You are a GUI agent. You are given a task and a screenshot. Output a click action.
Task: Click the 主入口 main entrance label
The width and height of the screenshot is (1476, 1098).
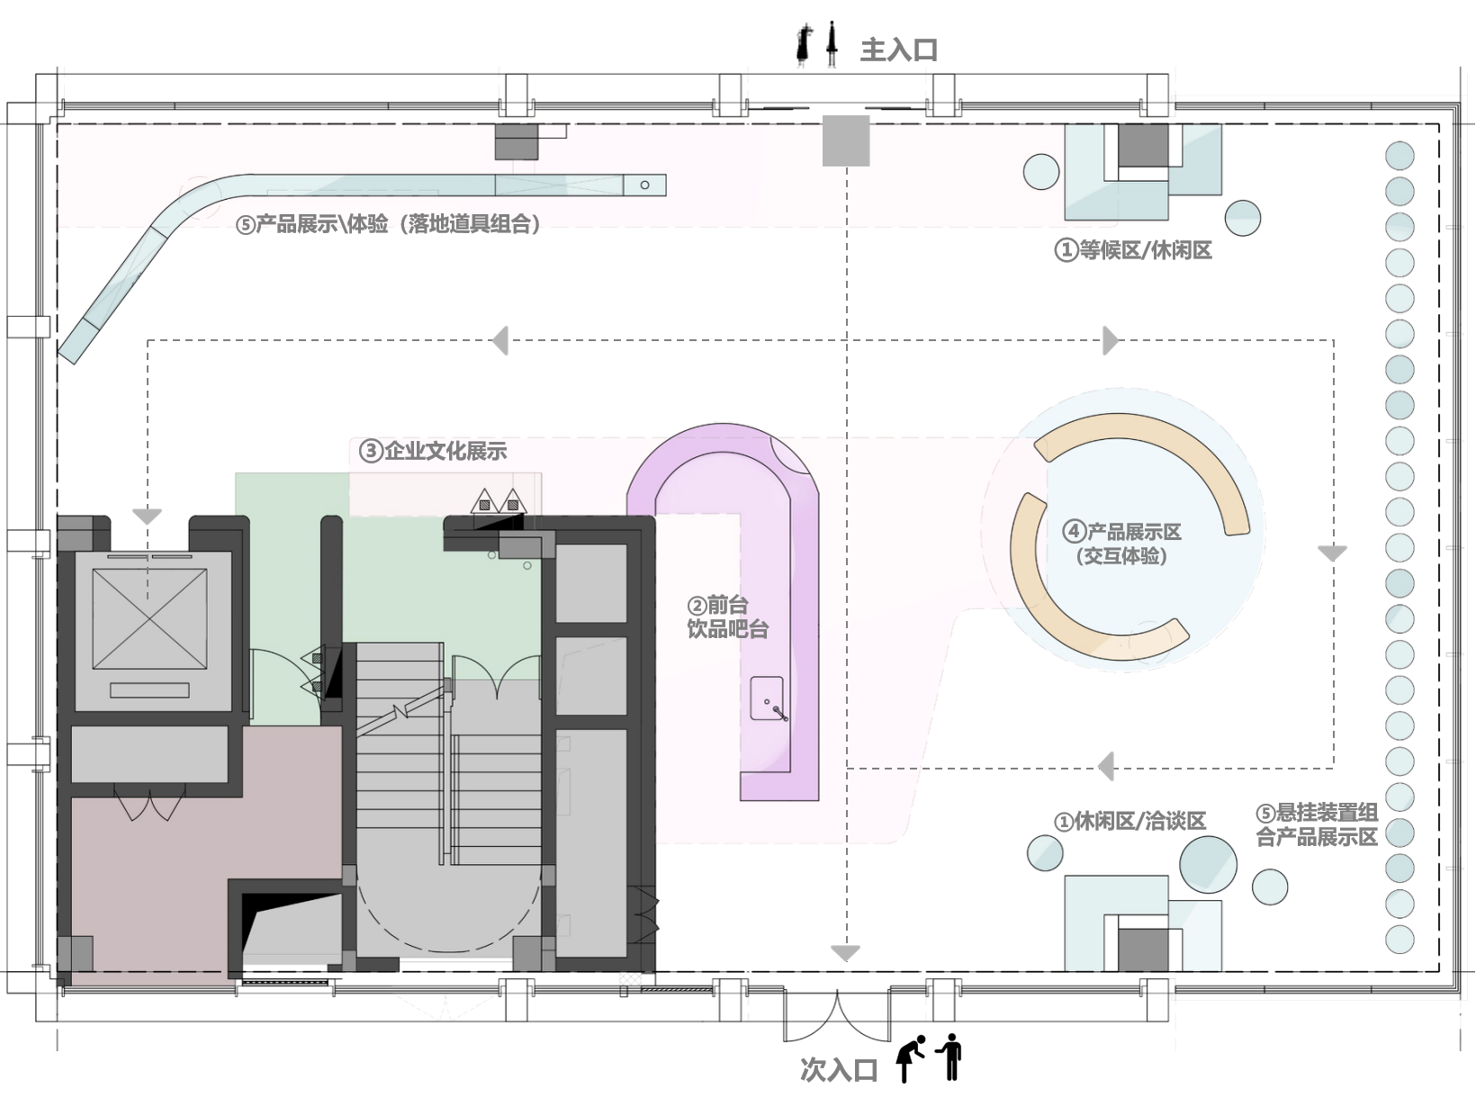click(898, 49)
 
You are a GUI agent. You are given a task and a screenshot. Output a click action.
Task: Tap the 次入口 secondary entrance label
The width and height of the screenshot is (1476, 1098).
click(839, 1070)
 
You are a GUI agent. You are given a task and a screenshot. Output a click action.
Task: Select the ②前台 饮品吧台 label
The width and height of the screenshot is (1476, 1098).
click(727, 616)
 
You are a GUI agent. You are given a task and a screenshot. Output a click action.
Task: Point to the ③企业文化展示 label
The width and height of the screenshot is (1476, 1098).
click(433, 451)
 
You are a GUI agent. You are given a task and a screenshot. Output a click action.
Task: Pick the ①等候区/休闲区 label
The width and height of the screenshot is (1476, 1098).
click(1133, 250)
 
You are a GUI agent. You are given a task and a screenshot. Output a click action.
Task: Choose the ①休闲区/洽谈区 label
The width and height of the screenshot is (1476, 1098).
click(1130, 821)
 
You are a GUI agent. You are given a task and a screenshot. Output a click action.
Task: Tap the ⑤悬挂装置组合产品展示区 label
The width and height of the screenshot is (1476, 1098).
click(1317, 824)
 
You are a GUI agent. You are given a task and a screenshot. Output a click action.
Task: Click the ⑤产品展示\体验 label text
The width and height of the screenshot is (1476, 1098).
click(312, 223)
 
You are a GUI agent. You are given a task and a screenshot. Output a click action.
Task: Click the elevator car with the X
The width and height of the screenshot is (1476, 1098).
click(149, 618)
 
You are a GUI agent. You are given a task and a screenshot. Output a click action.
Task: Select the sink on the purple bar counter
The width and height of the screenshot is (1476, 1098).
click(768, 698)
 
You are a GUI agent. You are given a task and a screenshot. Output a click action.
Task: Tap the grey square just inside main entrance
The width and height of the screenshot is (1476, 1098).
click(846, 140)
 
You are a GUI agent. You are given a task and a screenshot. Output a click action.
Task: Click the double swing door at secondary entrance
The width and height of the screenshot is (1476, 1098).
click(836, 1016)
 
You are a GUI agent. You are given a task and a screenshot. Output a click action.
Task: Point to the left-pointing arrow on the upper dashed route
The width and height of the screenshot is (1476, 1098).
click(500, 341)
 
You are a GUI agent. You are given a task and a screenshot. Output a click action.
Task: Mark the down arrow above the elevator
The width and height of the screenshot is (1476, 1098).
click(147, 516)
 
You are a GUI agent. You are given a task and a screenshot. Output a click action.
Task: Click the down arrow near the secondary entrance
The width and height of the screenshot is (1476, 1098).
click(846, 953)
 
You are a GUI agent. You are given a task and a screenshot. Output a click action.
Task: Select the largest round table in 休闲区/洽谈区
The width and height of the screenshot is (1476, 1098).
click(1208, 864)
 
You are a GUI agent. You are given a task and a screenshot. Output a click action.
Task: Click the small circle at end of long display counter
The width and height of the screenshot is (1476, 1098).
click(644, 185)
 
